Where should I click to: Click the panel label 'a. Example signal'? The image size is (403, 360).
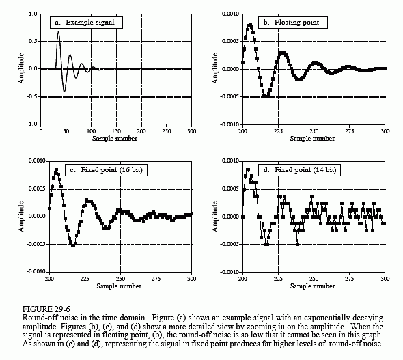tap(86, 23)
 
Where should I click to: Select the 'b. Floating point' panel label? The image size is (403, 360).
tap(293, 23)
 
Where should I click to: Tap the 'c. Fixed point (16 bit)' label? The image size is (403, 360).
tap(106, 170)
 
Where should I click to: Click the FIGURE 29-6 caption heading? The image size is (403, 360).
tap(46, 309)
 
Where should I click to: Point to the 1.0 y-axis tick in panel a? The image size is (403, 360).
tap(33, 14)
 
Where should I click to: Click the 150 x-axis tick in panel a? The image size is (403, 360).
tap(116, 131)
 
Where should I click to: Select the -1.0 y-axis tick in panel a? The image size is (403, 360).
tap(32, 124)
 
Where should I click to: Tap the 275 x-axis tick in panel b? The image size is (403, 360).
tap(349, 131)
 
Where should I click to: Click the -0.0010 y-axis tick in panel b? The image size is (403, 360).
tap(230, 124)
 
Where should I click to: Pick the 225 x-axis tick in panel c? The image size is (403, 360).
tap(85, 279)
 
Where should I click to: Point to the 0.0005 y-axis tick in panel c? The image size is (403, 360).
tap(37, 189)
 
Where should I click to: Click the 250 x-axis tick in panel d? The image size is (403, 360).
tap(314, 279)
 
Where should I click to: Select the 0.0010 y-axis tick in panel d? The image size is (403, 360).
tap(231, 161)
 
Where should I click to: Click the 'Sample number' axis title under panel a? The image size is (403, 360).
tap(115, 139)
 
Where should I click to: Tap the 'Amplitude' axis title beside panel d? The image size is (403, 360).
tap(215, 217)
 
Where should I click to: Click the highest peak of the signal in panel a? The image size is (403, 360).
tap(58, 32)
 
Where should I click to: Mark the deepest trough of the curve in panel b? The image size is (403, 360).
tap(266, 96)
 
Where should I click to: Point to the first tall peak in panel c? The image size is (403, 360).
tap(56, 170)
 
